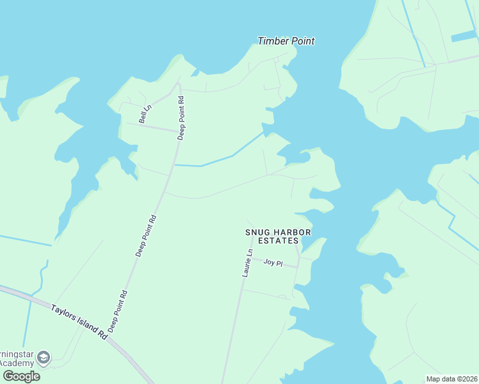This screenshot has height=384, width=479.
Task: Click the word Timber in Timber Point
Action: [x=272, y=41]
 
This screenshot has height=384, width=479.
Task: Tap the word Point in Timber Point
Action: [x=302, y=41]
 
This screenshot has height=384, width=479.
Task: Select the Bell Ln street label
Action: [x=145, y=114]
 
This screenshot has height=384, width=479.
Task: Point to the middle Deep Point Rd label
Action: [x=146, y=236]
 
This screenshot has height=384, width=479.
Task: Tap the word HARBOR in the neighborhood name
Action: [x=292, y=232]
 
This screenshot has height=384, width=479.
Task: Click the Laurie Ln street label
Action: [x=247, y=263]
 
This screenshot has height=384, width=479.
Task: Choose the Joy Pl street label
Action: [x=273, y=262]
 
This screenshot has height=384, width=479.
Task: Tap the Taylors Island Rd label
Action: [x=79, y=322]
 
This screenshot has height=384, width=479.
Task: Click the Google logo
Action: [x=21, y=376]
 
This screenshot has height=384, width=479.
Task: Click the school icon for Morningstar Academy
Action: [x=44, y=356]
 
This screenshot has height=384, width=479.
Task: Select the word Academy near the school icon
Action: [x=17, y=364]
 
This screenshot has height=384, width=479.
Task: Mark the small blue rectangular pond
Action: [x=464, y=36]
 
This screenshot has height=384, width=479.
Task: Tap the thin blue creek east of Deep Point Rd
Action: [x=218, y=159]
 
